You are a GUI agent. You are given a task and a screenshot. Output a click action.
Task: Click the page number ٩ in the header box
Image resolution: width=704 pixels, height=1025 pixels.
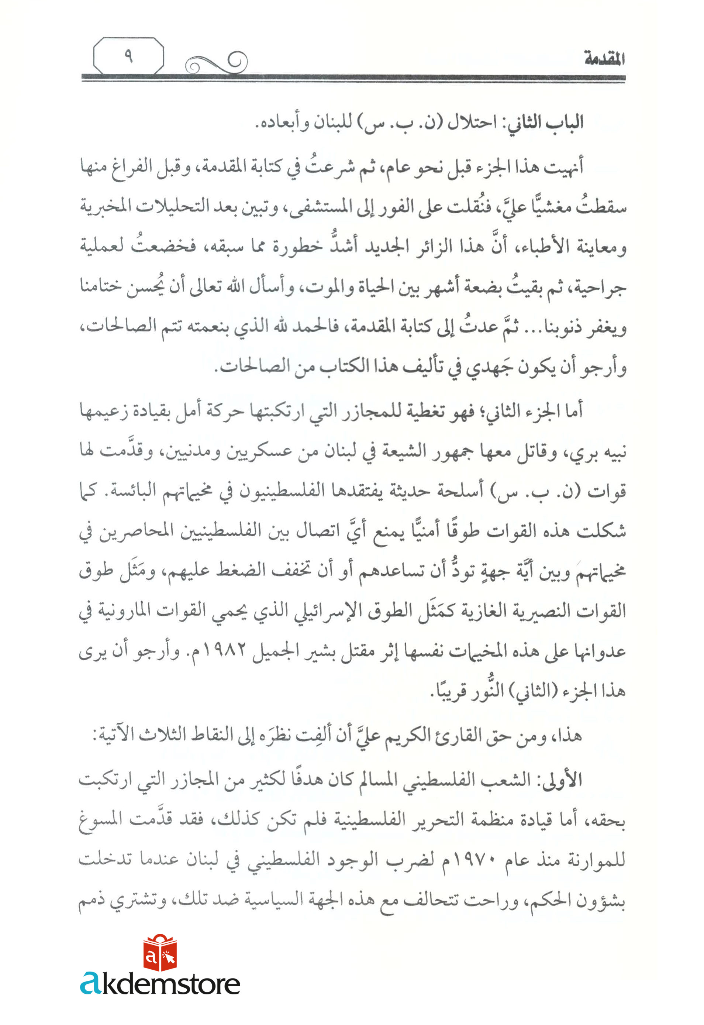click(128, 56)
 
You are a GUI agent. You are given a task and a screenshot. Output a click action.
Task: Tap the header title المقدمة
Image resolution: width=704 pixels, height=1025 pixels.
click(604, 59)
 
